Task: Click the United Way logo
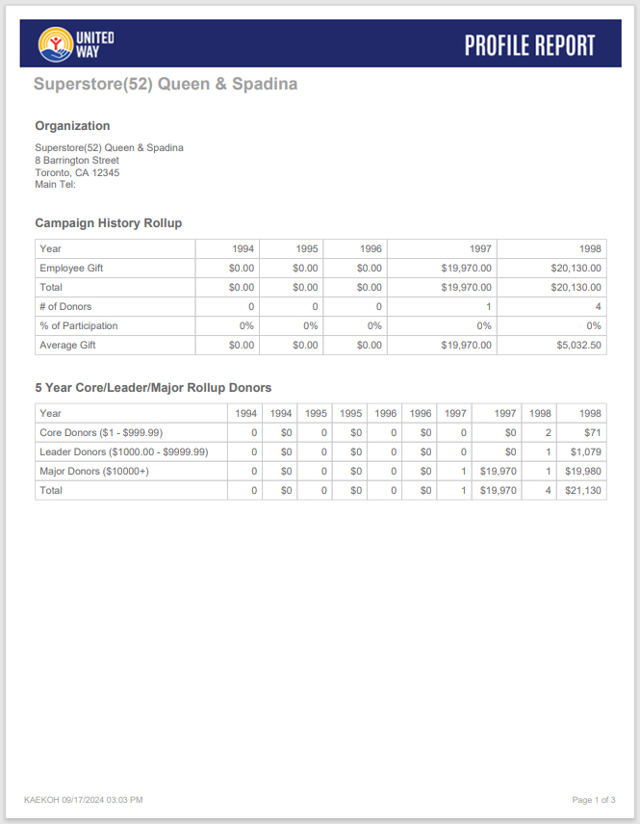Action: [76, 43]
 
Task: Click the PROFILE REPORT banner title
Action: [529, 45]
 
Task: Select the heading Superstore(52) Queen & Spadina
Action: [166, 84]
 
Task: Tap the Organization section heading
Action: [72, 126]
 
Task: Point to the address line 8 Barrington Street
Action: [77, 160]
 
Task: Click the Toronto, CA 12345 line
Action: [77, 172]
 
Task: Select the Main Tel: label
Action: [55, 185]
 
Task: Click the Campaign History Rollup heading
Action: [109, 223]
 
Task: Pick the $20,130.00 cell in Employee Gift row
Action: [576, 269]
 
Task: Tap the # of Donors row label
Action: [65, 307]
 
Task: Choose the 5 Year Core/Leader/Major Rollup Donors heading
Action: [153, 388]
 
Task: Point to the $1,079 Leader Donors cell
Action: [585, 452]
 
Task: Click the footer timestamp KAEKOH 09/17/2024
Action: [83, 800]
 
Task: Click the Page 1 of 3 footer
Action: [594, 800]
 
